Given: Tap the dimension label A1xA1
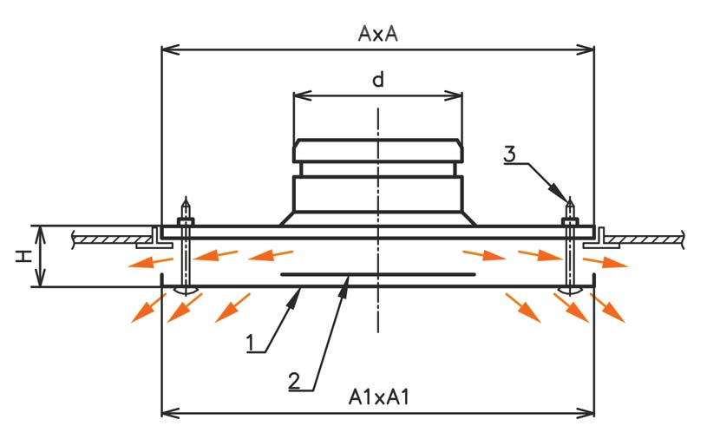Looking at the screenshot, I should pyautogui.click(x=379, y=397).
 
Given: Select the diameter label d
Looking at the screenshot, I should pyautogui.click(x=378, y=80).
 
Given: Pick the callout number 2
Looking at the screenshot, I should pyautogui.click(x=297, y=379).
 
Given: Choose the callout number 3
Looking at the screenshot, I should pyautogui.click(x=510, y=154).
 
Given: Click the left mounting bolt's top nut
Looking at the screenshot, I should pyautogui.click(x=186, y=222).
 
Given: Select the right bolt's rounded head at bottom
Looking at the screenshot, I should pyautogui.click(x=569, y=290).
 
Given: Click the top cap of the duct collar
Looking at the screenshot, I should pyautogui.click(x=377, y=150).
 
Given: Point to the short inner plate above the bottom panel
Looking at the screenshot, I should pyautogui.click(x=378, y=273).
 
